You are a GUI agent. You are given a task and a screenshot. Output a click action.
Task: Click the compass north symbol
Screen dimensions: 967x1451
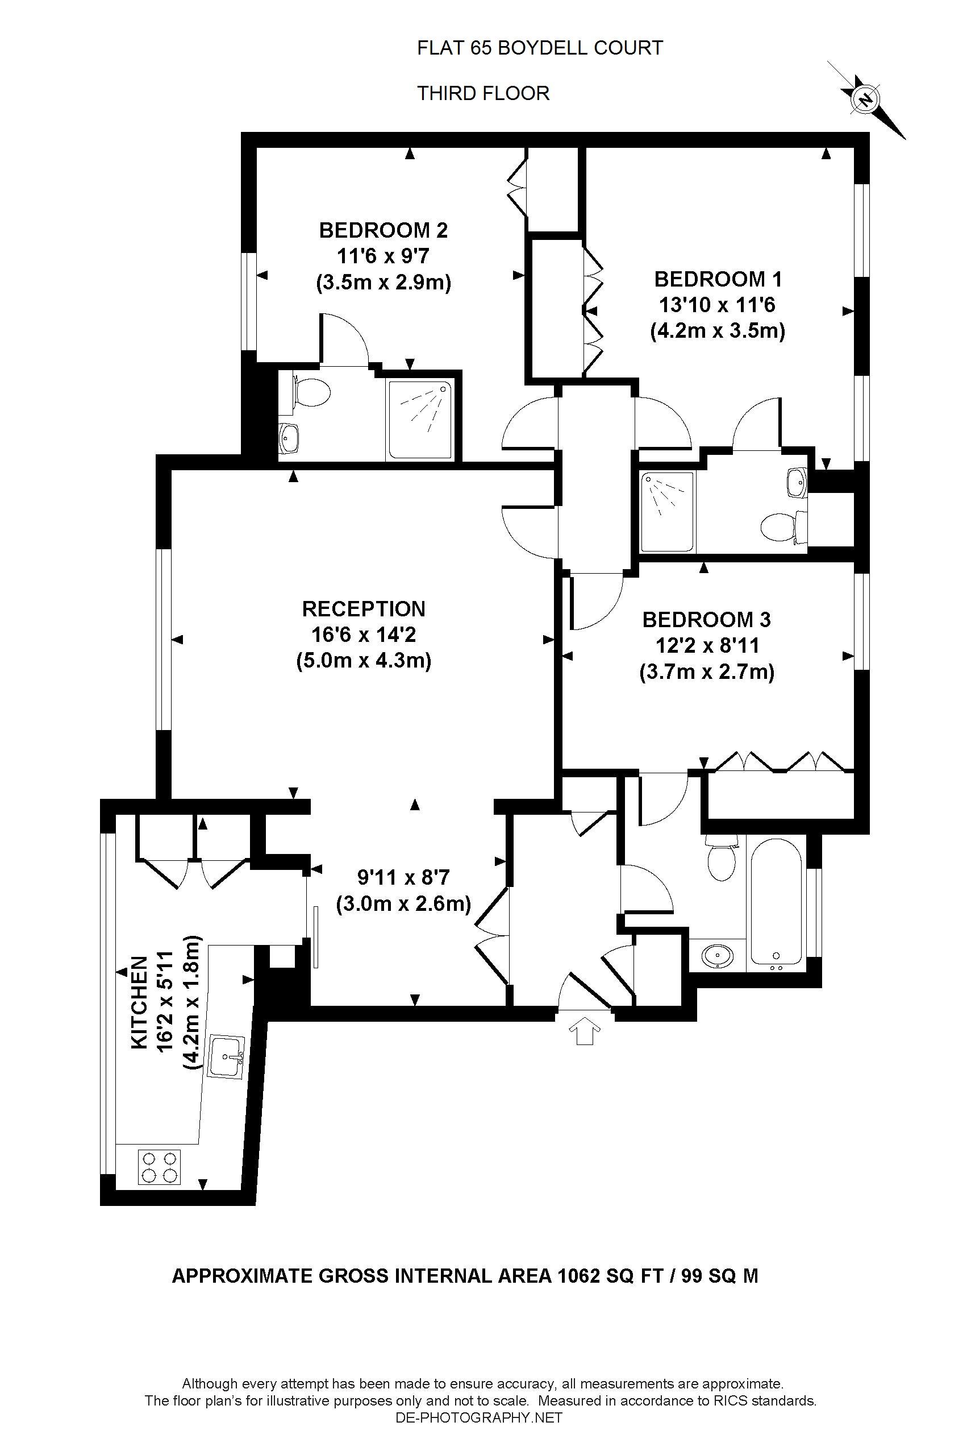click(866, 99)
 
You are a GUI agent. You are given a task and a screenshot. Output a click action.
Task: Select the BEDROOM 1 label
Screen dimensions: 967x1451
click(718, 279)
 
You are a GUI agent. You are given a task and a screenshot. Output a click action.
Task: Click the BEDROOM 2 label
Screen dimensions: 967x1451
click(383, 230)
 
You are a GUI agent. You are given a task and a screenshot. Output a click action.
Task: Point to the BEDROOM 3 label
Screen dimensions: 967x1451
click(707, 619)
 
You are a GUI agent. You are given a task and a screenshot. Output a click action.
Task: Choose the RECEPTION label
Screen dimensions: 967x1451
click(364, 608)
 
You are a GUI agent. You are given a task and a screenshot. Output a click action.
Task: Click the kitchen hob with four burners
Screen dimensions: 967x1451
click(159, 1166)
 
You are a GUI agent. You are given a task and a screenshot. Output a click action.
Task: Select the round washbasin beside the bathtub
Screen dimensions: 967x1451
click(718, 956)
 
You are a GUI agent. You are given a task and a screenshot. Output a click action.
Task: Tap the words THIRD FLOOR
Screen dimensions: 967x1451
click(483, 93)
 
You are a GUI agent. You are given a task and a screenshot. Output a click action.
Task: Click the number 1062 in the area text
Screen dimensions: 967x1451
click(578, 1276)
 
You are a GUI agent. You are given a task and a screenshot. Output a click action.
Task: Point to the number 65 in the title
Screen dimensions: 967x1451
click(481, 48)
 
